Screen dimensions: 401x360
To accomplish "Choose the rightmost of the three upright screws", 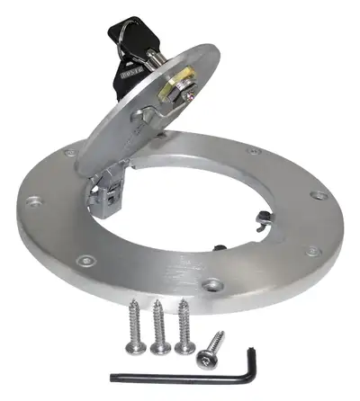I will click(x=184, y=324).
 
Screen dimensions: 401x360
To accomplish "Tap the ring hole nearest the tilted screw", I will click(x=212, y=286).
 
